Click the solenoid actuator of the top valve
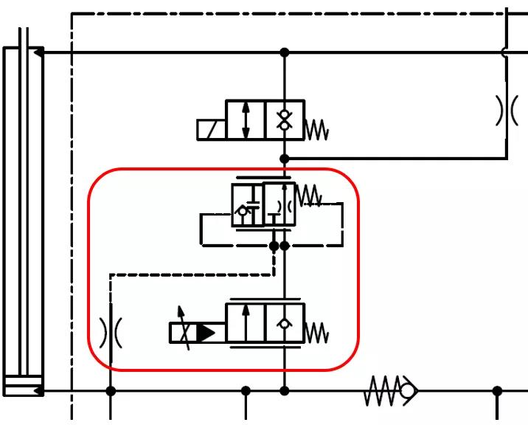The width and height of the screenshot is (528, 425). coord(211,129)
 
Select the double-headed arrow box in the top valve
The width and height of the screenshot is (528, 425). coord(246,120)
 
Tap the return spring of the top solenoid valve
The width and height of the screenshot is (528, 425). coord(317,130)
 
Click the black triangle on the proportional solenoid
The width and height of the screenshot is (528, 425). coord(206,333)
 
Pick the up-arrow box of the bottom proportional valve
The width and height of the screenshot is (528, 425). coord(246,323)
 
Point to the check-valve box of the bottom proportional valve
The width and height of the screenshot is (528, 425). coord(285,323)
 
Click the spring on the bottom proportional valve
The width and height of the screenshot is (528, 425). coord(317,333)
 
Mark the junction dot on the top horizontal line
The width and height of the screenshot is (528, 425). coord(285,52)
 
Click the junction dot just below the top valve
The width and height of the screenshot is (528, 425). coord(285,159)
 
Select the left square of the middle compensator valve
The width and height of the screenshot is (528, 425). coord(246,204)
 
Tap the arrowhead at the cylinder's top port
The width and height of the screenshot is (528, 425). coord(38,52)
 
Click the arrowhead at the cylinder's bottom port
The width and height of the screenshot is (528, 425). coord(38,390)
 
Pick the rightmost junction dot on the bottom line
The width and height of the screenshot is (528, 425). coord(498,390)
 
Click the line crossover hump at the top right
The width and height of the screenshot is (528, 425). coord(507,52)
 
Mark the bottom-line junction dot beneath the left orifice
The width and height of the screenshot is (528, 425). coord(111,390)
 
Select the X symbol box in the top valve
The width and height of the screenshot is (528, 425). coord(285,120)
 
